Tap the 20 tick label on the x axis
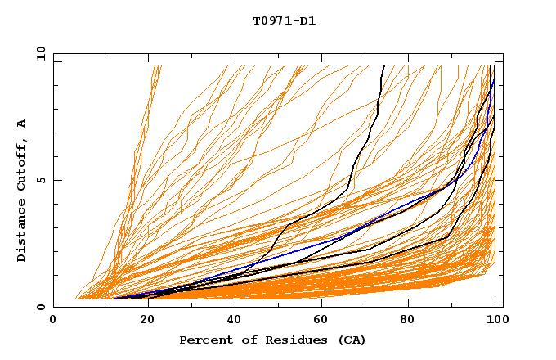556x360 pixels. click(x=142, y=321)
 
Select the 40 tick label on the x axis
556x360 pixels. click(x=231, y=321)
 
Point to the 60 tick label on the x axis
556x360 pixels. click(x=320, y=321)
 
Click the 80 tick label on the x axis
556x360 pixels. click(x=408, y=321)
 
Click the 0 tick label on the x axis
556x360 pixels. click(x=54, y=321)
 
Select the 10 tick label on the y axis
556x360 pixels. click(x=38, y=53)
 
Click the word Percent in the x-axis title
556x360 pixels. click(x=202, y=340)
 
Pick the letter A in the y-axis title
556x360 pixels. click(x=22, y=124)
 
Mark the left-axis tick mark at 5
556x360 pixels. click(x=56, y=180)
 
